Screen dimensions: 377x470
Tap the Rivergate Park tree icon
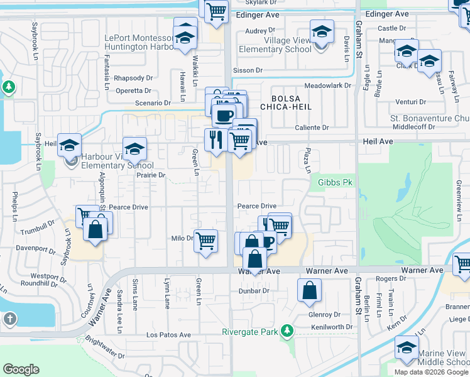pyautogui.click(x=287, y=330)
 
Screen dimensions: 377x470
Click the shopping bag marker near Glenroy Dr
pyautogui.click(x=309, y=291)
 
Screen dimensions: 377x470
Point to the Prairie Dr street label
pyautogui.click(x=151, y=175)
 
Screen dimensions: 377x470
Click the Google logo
pyautogui.click(x=21, y=369)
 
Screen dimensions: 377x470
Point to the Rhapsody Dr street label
pyautogui.click(x=133, y=78)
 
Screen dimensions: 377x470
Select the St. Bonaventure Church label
pyautogui.click(x=430, y=117)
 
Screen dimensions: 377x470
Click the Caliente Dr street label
pyautogui.click(x=312, y=128)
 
